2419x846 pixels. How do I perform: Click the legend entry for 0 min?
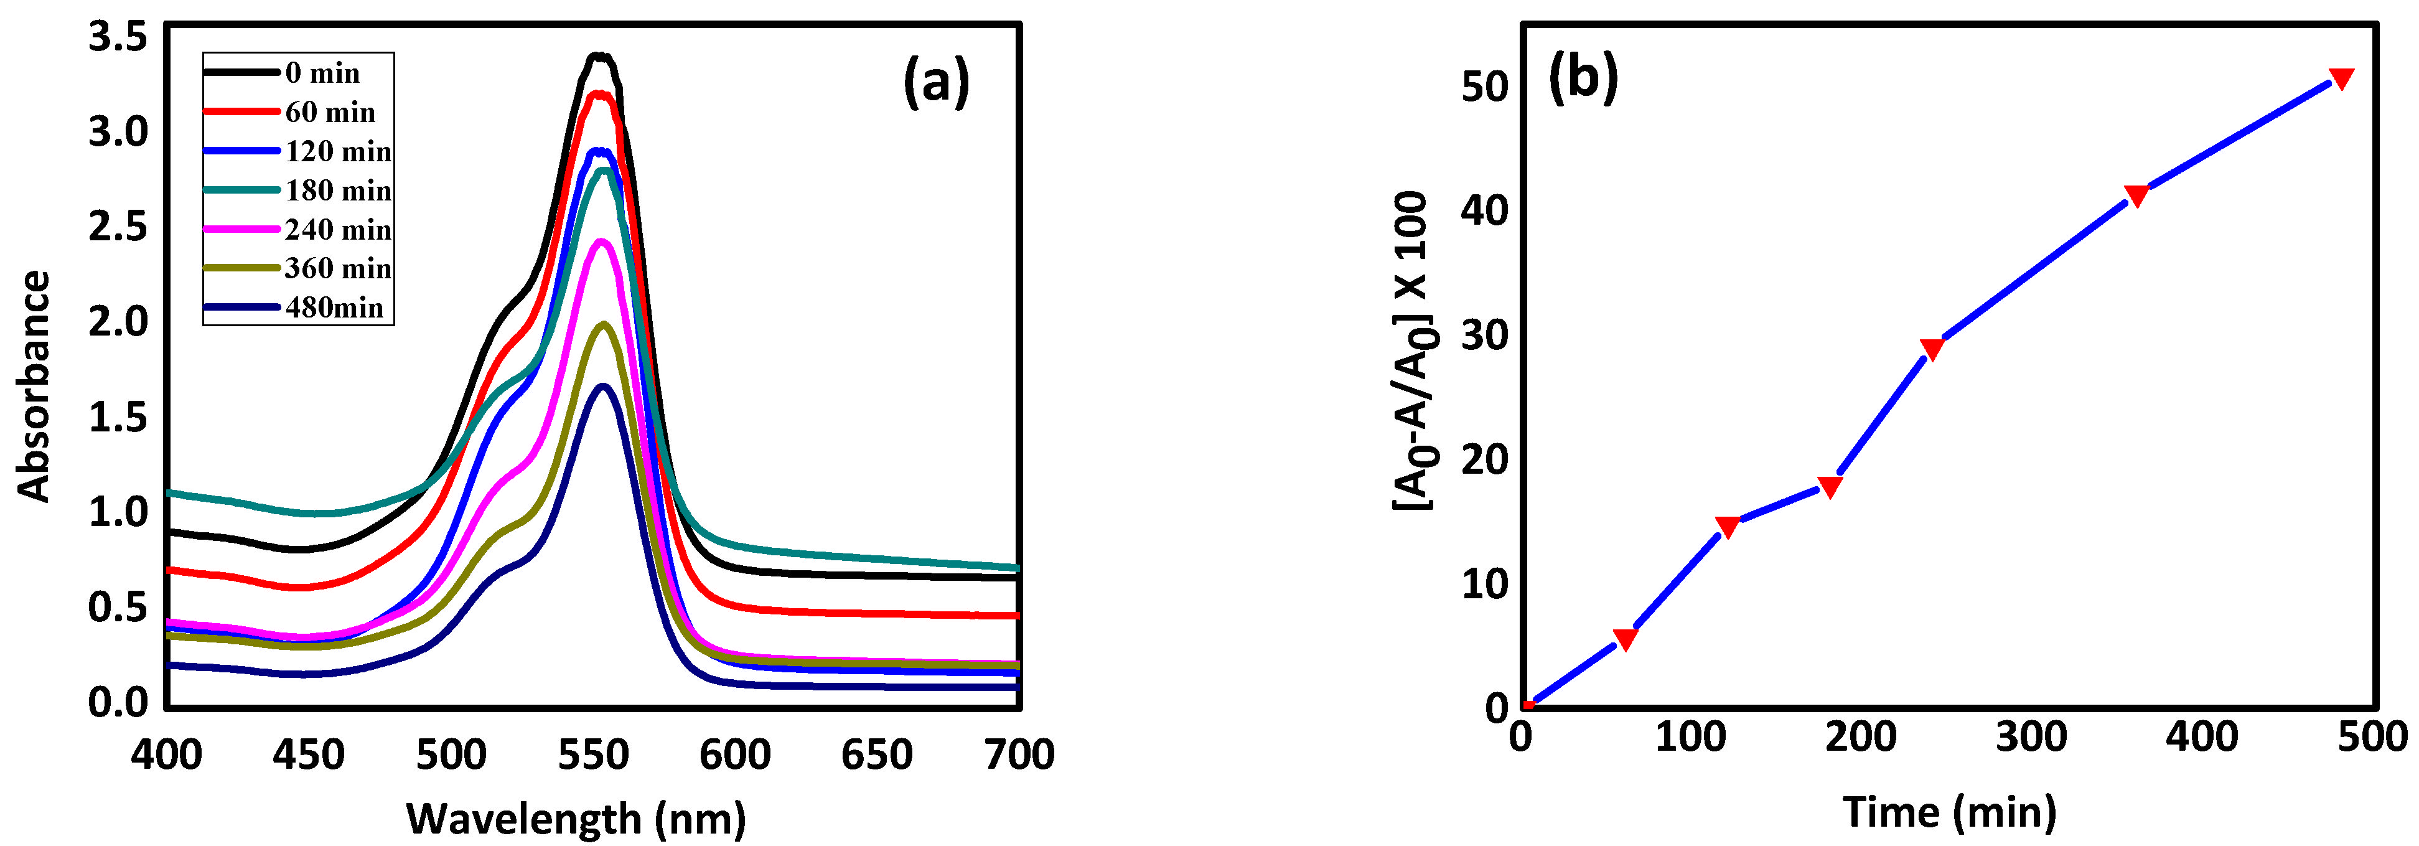click(322, 73)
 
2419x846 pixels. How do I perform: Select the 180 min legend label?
click(338, 190)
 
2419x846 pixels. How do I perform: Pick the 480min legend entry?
click(334, 308)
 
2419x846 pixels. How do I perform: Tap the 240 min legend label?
click(338, 230)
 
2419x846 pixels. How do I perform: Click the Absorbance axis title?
click(34, 386)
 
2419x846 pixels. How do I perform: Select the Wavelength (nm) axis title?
click(576, 818)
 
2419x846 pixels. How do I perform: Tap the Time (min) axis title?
click(1950, 811)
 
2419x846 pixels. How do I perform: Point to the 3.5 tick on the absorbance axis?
click(118, 37)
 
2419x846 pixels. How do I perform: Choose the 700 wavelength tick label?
click(1019, 755)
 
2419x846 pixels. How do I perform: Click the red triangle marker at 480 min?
click(2341, 78)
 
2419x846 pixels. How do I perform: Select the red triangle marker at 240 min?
click(1932, 349)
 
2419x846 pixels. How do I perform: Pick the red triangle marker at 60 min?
click(1624, 639)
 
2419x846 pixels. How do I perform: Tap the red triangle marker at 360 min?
click(2136, 195)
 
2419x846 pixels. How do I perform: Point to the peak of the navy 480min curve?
click(603, 386)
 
